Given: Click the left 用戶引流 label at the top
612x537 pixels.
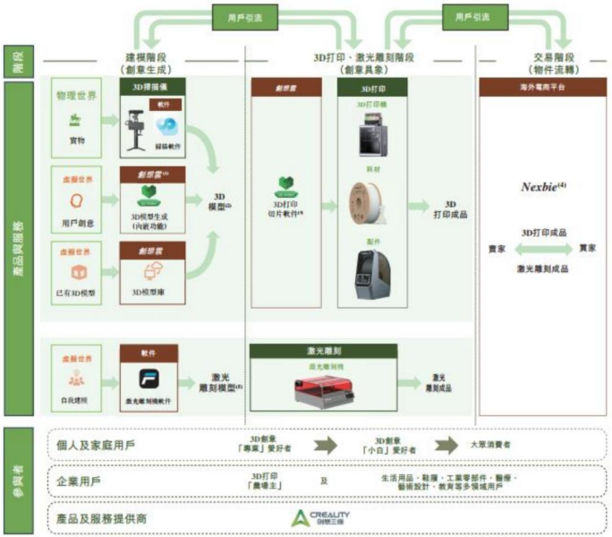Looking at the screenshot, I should (x=238, y=15).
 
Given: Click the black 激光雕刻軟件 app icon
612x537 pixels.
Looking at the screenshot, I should (x=148, y=377).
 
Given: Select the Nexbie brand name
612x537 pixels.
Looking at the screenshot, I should (x=540, y=187).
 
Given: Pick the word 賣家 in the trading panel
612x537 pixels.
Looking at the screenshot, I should (x=495, y=248).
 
